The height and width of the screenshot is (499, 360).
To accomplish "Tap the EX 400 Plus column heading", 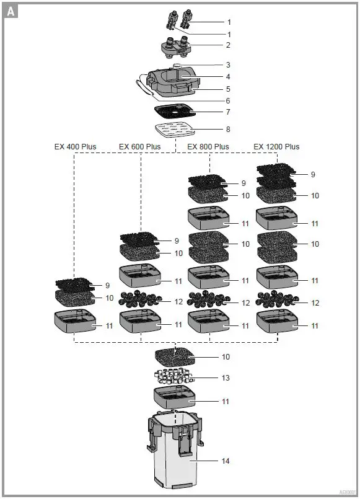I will [x=75, y=147].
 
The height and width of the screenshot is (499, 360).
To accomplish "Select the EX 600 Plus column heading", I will [x=139, y=147].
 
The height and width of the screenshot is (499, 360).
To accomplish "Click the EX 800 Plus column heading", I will [x=208, y=147].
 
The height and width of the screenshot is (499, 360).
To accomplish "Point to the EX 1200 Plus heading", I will [x=276, y=147].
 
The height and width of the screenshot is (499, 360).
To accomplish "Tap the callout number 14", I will [x=226, y=461].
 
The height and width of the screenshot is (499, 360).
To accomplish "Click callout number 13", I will [x=226, y=378].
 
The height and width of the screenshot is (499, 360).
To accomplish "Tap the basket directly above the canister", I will [x=176, y=398].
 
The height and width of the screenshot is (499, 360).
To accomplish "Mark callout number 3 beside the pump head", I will [x=227, y=65].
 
